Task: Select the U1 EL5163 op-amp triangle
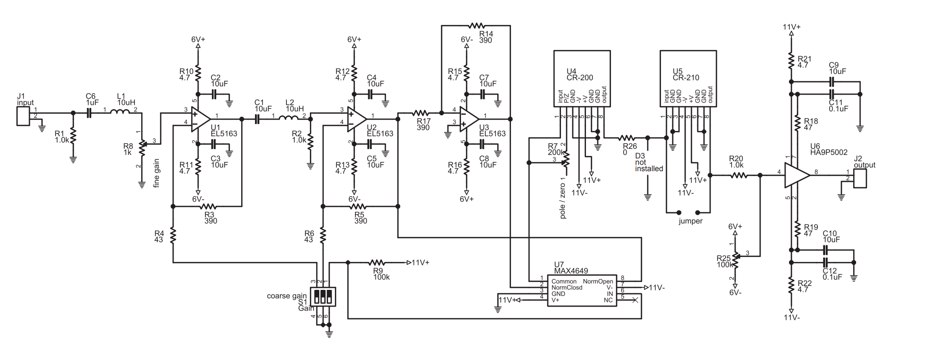pyautogui.click(x=200, y=119)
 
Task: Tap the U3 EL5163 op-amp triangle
pyautogui.click(x=469, y=119)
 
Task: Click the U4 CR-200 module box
pyautogui.click(x=582, y=78)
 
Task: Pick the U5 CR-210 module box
pyautogui.click(x=688, y=78)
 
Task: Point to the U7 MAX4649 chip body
pyautogui.click(x=582, y=290)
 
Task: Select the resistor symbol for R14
pyautogui.click(x=476, y=25)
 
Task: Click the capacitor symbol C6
pyautogui.click(x=89, y=113)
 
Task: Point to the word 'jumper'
pyautogui.click(x=690, y=221)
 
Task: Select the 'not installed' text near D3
pyautogui.click(x=648, y=165)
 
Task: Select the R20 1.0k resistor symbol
pyautogui.click(x=738, y=175)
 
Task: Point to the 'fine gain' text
pyautogui.click(x=156, y=173)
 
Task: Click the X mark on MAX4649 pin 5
pyautogui.click(x=635, y=300)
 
